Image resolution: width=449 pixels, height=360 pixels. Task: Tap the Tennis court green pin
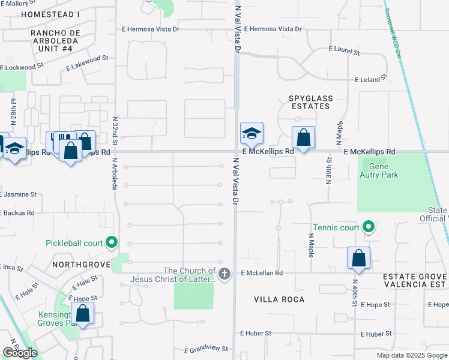click(370, 227)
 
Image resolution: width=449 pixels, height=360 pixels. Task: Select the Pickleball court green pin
click(112, 243)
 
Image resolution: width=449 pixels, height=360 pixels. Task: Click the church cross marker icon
click(224, 275)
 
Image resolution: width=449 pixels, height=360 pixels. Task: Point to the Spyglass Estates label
click(309, 101)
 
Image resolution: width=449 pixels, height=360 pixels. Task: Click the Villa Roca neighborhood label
click(279, 299)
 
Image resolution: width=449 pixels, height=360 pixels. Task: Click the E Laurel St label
click(344, 53)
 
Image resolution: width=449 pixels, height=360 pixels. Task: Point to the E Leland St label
click(372, 79)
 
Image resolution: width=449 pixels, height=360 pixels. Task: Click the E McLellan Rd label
click(262, 273)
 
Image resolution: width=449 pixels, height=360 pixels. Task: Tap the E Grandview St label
click(206, 349)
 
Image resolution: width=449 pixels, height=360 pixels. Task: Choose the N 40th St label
click(355, 292)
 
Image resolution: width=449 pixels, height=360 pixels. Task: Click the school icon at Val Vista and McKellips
click(252, 134)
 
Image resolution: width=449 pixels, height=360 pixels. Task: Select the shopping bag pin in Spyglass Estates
click(304, 137)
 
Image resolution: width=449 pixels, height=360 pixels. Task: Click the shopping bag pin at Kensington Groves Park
click(83, 313)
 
